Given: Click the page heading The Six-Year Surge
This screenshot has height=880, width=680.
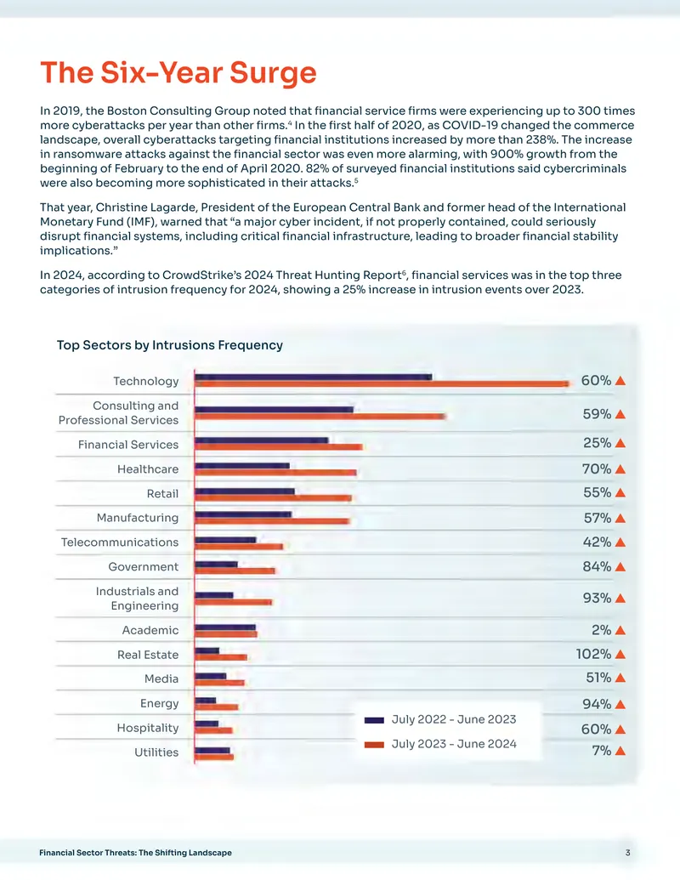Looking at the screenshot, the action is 178,72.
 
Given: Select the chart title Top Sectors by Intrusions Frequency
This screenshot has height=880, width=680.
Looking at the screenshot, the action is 169,344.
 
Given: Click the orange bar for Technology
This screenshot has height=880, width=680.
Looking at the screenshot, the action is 382,383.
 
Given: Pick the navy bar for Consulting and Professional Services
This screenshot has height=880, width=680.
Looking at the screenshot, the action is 274,410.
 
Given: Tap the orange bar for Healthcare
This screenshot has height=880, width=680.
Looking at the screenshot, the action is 275,473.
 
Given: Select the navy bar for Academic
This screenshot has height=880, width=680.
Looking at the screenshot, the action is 225,627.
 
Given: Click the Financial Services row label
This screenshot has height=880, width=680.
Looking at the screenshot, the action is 127,445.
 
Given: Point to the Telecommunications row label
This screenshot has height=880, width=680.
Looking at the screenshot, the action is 120,542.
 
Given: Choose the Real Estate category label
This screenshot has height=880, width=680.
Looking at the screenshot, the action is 148,655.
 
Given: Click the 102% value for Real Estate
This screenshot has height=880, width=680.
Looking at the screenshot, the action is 593,654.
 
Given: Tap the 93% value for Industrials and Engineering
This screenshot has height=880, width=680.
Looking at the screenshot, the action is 597,598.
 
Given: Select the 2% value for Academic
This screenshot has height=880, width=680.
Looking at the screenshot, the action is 602,630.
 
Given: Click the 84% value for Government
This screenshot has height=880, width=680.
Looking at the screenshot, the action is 597,566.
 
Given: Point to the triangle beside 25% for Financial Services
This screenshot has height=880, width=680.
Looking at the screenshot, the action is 620,443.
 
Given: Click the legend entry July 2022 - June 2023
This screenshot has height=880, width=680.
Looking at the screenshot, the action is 439,719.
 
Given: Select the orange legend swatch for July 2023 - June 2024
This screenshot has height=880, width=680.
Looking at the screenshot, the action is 374,745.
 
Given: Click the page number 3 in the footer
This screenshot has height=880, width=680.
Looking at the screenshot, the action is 628,853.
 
